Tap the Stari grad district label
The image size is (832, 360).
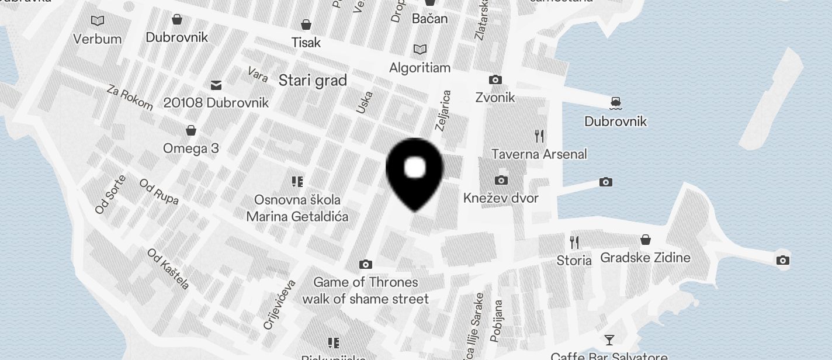point(313,81)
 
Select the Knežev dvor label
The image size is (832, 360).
point(501,198)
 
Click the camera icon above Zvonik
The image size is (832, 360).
point(495,79)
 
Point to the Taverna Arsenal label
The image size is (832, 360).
point(539,154)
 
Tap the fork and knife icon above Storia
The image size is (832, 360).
point(574,242)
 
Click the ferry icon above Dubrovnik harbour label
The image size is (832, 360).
point(615,103)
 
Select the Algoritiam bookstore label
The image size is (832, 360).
point(420,68)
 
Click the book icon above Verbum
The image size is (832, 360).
point(98,21)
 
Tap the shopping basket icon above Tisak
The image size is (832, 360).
point(306,25)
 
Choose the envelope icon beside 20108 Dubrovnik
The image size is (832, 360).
point(216,85)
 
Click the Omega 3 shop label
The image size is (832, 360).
point(191,148)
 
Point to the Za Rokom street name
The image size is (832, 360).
point(130,98)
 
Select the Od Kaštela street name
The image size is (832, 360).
point(168,269)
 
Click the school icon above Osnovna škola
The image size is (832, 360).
point(297,182)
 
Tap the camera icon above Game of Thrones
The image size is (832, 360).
point(366,265)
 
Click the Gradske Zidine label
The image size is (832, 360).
point(645,258)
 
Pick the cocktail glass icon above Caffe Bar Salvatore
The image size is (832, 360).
point(609,340)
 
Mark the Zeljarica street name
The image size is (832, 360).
point(443,110)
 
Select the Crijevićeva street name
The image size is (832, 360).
point(279,304)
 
